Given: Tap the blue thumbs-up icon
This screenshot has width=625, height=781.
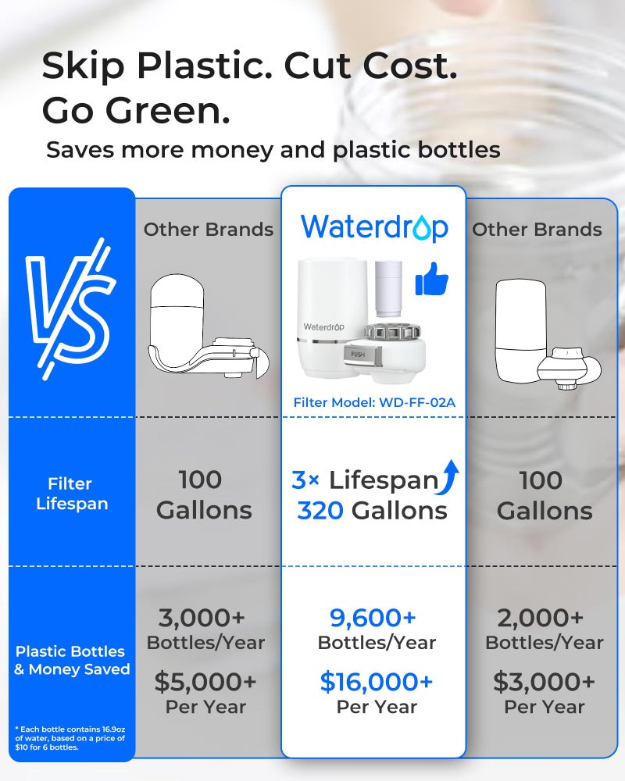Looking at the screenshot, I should click(x=431, y=280).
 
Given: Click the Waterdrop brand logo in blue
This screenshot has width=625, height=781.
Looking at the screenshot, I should click(x=374, y=227).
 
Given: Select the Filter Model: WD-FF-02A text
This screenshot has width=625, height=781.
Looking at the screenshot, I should click(x=373, y=403).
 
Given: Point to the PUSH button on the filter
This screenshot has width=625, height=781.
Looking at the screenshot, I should click(x=359, y=353).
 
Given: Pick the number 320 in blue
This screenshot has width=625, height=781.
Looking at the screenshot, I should click(x=320, y=511).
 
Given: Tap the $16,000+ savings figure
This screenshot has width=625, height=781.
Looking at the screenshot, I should click(x=376, y=682).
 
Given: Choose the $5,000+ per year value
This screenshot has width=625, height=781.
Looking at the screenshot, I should click(x=205, y=682).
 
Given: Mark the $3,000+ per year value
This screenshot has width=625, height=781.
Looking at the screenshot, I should click(x=544, y=682).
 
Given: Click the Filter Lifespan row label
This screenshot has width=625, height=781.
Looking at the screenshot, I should click(x=72, y=494).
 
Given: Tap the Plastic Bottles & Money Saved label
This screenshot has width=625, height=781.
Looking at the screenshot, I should click(x=72, y=660).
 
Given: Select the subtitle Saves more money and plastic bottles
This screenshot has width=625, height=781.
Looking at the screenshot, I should click(x=273, y=149).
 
